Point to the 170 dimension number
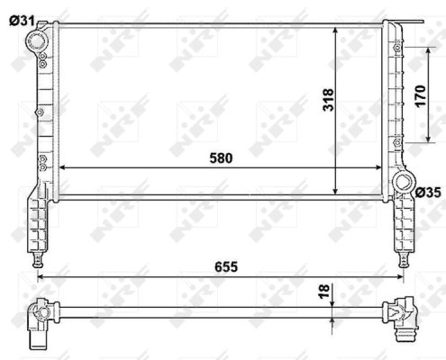pos(418,94)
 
